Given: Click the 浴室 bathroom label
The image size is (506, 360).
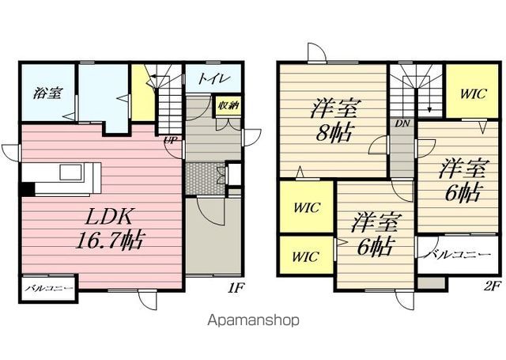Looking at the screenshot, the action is [47, 93].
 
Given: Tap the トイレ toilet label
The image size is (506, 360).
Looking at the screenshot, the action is [214, 78].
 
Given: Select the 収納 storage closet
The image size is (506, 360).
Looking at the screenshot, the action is [228, 105].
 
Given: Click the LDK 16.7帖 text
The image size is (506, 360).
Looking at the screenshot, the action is [110, 229].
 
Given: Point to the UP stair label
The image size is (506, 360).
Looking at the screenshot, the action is [171, 141].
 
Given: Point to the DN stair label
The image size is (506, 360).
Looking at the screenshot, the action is [402, 123].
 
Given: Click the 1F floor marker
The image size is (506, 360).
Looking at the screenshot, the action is [235, 287].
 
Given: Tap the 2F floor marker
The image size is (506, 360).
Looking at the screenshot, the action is [492, 286].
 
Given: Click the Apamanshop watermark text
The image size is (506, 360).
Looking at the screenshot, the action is [253, 320].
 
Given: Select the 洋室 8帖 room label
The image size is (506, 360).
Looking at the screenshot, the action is [334, 121].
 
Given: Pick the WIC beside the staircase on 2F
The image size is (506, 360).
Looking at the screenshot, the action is [473, 94].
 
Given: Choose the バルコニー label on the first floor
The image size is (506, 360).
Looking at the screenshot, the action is [49, 288].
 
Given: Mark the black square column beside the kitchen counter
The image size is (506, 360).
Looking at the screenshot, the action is [28, 189].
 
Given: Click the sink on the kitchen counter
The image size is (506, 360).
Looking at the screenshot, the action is [71, 172].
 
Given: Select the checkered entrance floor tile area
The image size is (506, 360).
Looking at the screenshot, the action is [206, 179].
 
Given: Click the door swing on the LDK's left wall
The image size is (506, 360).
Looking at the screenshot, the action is [10, 152].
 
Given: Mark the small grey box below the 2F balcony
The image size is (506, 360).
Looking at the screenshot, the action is [431, 282].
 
